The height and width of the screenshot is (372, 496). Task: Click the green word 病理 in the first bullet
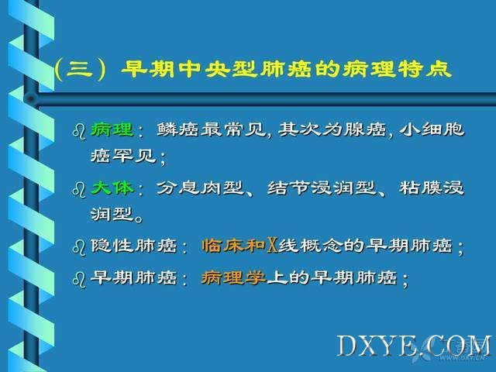pos(112,129)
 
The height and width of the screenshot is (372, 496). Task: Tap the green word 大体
pos(112,188)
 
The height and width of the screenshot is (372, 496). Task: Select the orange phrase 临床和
pos(233,246)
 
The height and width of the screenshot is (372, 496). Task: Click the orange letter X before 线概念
pos(272,246)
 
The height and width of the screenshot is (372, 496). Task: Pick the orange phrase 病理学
pos(233,278)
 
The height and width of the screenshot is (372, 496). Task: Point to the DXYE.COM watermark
pos(415,346)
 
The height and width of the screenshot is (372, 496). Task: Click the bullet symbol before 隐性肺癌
pos(79,247)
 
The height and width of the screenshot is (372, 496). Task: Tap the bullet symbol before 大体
pos(79,189)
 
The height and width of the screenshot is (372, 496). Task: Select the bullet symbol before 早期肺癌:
pos(79,279)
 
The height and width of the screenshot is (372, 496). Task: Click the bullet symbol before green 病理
pos(79,131)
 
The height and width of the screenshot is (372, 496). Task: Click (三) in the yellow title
pos(79,69)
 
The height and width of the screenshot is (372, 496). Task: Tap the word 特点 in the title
pos(425,69)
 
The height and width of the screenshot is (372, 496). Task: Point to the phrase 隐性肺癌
pos(133,246)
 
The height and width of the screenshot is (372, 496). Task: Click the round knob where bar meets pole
pos(31,99)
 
